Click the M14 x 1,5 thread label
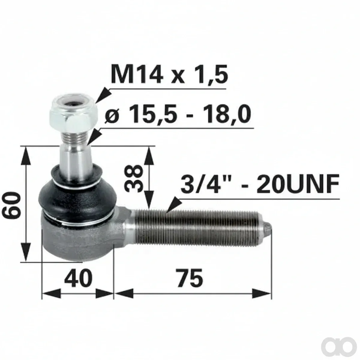point(169,74)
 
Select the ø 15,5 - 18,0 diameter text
point(178,114)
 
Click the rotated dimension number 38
point(134,179)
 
